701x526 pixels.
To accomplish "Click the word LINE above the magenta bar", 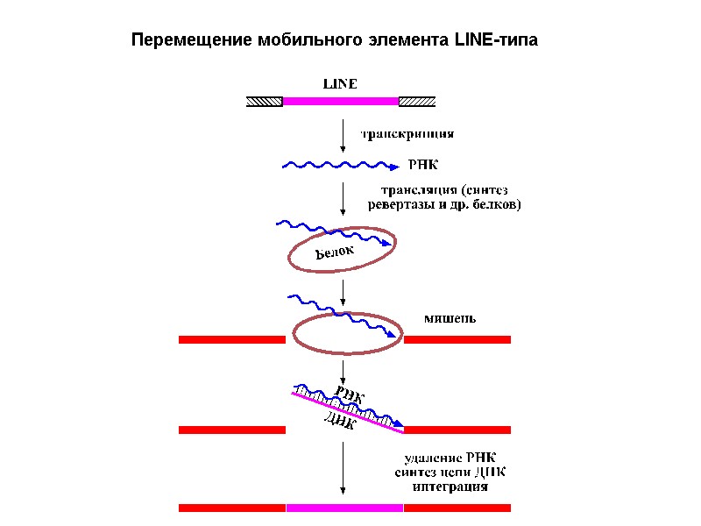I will pyautogui.click(x=340, y=85).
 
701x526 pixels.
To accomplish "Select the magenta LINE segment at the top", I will pyautogui.click(x=340, y=101).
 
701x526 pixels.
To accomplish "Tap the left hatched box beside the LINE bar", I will pyautogui.click(x=264, y=101).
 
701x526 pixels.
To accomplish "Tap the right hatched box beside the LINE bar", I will pyautogui.click(x=417, y=101).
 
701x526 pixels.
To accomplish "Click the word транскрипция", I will pyautogui.click(x=408, y=135).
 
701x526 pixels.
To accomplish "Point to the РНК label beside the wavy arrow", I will pyautogui.click(x=423, y=165).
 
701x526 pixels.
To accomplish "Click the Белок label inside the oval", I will pyautogui.click(x=334, y=253).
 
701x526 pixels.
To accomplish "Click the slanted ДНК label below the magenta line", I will pyautogui.click(x=339, y=424).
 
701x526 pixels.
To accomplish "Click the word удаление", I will pyautogui.click(x=432, y=456).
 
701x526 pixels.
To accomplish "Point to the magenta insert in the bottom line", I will pyautogui.click(x=344, y=507).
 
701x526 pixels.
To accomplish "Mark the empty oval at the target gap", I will pyautogui.click(x=347, y=334).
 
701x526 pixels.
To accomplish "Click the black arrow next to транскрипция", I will pyautogui.click(x=343, y=136).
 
